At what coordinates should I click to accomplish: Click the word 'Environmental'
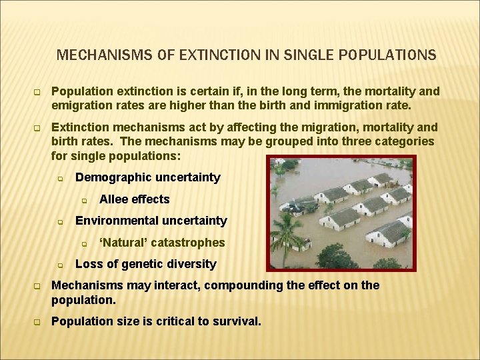click(115, 221)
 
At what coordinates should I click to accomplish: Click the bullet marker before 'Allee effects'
click(85, 200)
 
